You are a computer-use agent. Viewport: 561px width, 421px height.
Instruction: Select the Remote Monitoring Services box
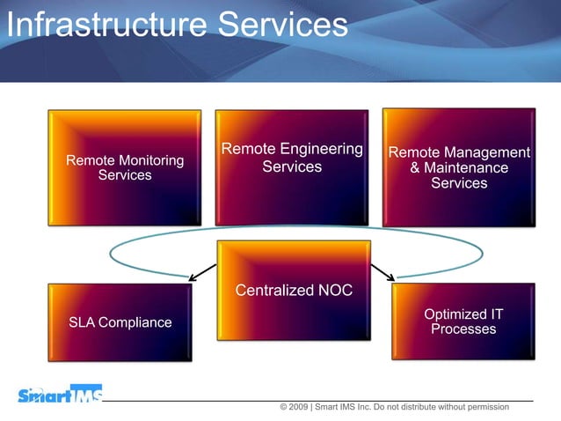tap(125, 167)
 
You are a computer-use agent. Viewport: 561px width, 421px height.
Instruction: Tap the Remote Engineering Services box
tap(292, 167)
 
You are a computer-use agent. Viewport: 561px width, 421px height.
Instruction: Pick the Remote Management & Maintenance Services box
tap(459, 167)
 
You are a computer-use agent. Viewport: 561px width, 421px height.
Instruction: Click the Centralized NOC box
tap(294, 291)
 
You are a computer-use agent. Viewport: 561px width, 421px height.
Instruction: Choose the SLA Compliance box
tap(120, 322)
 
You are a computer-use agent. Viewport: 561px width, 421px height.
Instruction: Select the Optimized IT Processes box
tap(463, 321)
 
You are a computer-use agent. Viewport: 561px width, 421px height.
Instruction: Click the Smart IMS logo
tap(60, 395)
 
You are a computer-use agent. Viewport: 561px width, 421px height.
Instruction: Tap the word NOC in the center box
tap(334, 291)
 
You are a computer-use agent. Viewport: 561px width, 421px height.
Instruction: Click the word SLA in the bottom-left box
tap(82, 322)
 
